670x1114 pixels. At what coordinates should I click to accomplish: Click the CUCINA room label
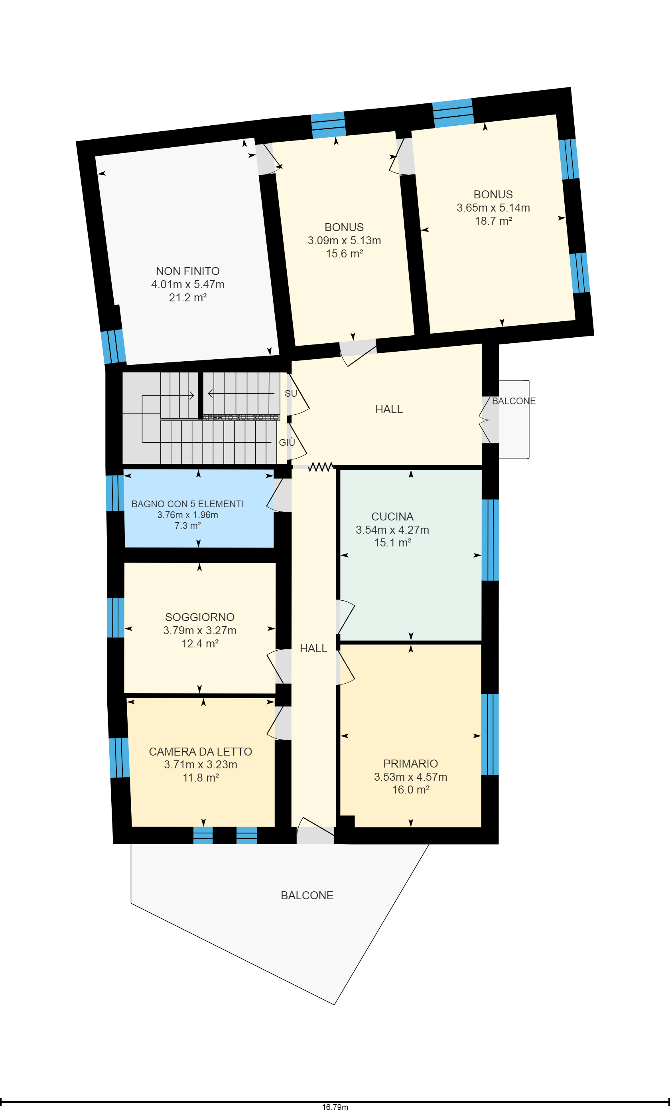392,516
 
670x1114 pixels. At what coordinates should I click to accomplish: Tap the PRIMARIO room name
410,764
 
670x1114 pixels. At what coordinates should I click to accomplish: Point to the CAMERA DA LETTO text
201,752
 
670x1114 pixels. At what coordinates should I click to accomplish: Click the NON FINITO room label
188,271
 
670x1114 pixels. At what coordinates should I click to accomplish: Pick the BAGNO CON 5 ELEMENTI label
187,504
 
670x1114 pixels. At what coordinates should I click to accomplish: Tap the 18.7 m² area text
493,221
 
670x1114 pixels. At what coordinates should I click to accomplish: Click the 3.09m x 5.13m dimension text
345,240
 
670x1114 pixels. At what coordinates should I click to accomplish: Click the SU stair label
291,394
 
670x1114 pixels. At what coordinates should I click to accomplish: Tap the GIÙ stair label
287,442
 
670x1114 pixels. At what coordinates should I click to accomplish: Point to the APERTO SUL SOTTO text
240,418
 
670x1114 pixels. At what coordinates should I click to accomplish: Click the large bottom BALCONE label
307,895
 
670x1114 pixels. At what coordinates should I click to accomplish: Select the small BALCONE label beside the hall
514,401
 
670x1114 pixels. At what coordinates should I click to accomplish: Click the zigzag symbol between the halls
321,467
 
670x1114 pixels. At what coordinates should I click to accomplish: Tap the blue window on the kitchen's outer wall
490,540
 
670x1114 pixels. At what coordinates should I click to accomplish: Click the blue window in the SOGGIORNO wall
116,617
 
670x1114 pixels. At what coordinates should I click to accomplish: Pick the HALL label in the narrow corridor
313,648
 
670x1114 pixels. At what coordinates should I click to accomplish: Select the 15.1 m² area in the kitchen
392,542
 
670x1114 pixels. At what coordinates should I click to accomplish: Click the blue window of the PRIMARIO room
490,734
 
